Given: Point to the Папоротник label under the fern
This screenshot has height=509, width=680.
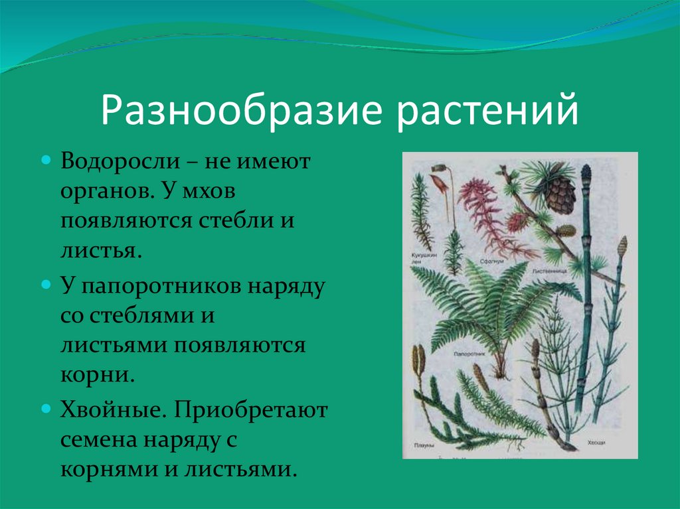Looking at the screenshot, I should (470, 355).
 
